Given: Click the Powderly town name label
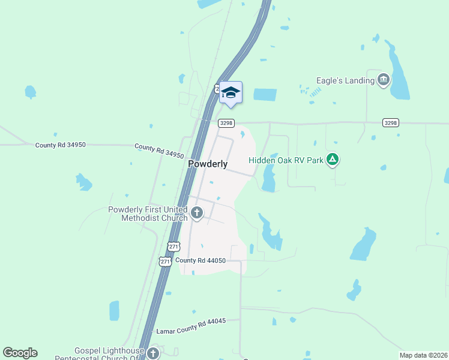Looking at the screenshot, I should (x=208, y=164).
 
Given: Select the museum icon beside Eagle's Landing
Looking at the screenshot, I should (x=384, y=80).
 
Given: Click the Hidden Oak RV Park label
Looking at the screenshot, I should (x=286, y=160).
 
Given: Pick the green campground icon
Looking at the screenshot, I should (x=334, y=160).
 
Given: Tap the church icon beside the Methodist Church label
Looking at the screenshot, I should (x=197, y=212).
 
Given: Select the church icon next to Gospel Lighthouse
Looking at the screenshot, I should (x=153, y=353).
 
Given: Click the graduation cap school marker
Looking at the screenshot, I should (x=231, y=92).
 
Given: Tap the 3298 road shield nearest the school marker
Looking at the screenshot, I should (x=226, y=123).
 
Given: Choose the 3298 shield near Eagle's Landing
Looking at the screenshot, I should (x=390, y=122).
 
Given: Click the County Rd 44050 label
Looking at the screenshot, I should (x=200, y=260).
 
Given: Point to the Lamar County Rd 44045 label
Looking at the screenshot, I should (x=191, y=326).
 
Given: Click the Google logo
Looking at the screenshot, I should (x=20, y=352).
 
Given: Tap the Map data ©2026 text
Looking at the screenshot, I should (x=423, y=355).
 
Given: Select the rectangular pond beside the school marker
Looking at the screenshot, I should (x=265, y=95).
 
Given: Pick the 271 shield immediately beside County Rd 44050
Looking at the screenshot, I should (x=165, y=261).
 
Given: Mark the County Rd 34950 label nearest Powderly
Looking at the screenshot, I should (x=159, y=151).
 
